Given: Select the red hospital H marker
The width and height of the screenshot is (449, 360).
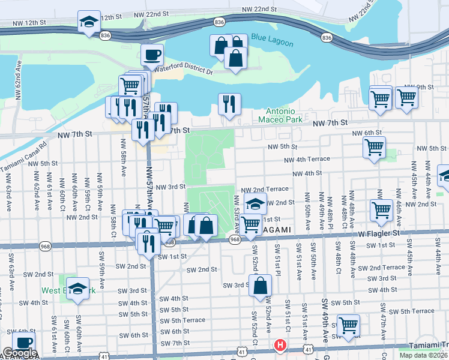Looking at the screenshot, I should pos(279,345).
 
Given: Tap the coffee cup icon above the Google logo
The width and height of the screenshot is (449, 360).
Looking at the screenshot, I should pos(24,343).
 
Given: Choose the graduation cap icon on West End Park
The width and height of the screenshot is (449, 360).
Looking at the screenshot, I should pos(77,289).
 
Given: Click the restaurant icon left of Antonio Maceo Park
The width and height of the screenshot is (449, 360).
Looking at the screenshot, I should pos(229,104).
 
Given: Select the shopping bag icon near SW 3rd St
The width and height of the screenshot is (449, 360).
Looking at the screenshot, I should pos(261,287).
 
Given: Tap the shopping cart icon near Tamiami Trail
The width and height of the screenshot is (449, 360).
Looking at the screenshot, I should pos(348,326).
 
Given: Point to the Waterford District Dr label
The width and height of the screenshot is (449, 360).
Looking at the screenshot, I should pos(184,71).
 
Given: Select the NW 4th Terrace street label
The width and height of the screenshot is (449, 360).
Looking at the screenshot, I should pos(307,159).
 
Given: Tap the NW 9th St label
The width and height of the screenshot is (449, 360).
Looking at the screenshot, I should pos(419,88).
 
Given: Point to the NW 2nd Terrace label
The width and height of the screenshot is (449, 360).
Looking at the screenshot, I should pos(269,188).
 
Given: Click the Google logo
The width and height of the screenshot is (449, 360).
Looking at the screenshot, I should pos(20,353).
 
